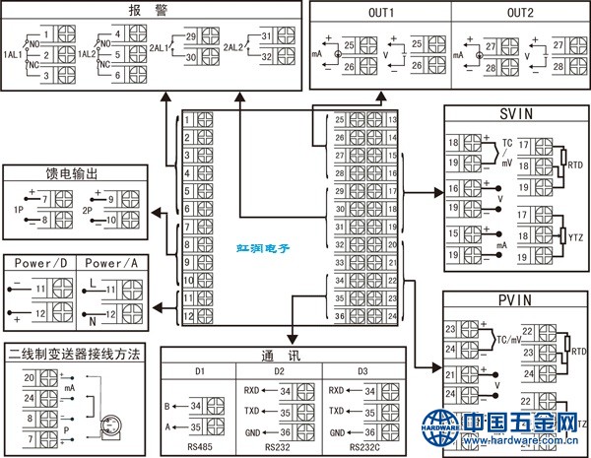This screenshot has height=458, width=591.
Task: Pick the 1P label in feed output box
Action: (x=18, y=211)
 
